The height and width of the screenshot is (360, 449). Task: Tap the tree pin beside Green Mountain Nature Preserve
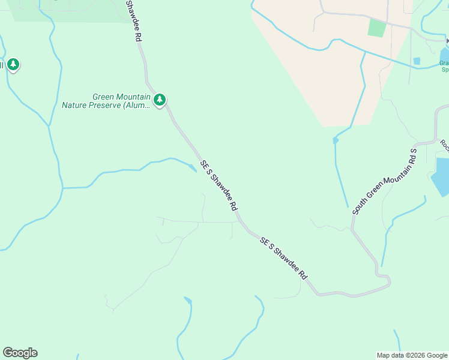pos(159,100)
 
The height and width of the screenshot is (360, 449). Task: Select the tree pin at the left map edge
pos(13,64)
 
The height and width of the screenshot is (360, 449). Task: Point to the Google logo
pos(20,353)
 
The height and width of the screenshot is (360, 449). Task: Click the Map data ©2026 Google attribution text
pos(412,355)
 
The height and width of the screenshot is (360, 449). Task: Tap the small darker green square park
pos(376,28)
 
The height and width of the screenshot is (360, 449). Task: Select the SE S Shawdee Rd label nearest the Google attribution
pos(284,258)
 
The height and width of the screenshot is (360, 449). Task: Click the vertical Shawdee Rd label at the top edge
pos(134,20)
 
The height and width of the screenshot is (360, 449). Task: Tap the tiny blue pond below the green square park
pos(417,61)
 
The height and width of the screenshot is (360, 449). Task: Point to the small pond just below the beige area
pos(336,140)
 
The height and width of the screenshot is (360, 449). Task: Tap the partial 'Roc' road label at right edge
pos(445,145)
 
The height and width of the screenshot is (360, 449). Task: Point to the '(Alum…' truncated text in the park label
pos(137,106)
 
